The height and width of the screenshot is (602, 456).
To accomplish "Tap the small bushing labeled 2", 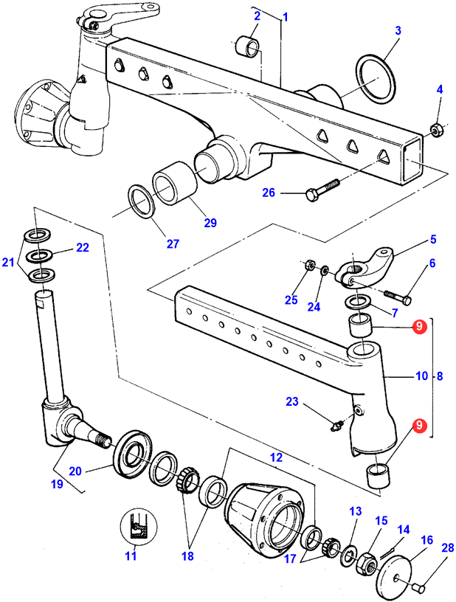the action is coord(249,44).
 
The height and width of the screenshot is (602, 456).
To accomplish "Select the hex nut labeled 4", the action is coord(436,130).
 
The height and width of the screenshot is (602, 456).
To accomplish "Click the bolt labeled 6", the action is coord(398,297).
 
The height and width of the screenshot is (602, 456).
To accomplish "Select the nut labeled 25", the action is coord(310,265).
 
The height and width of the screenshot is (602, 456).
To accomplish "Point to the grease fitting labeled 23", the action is coord(337,426).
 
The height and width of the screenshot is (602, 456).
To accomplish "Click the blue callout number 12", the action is coord(277,457).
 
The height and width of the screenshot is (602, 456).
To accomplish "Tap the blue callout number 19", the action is coord(57,484).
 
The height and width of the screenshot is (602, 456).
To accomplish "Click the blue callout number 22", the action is coord(83,248).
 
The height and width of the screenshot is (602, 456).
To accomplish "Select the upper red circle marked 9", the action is coord(419,326).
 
